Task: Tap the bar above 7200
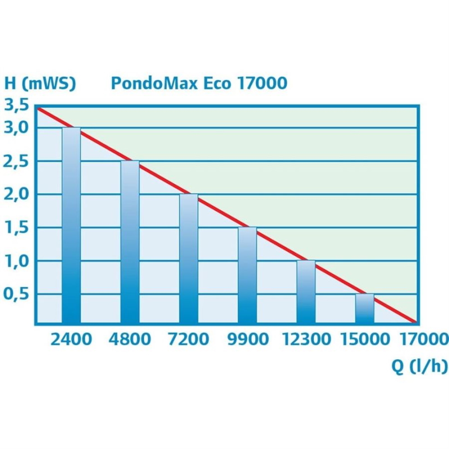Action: point(189,259)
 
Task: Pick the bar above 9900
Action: point(248,275)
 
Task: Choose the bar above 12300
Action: point(306,292)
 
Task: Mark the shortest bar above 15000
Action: point(365,308)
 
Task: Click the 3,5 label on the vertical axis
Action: point(16,105)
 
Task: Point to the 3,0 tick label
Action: point(16,128)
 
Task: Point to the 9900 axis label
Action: point(248,340)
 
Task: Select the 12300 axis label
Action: point(306,340)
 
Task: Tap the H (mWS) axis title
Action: point(40,83)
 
